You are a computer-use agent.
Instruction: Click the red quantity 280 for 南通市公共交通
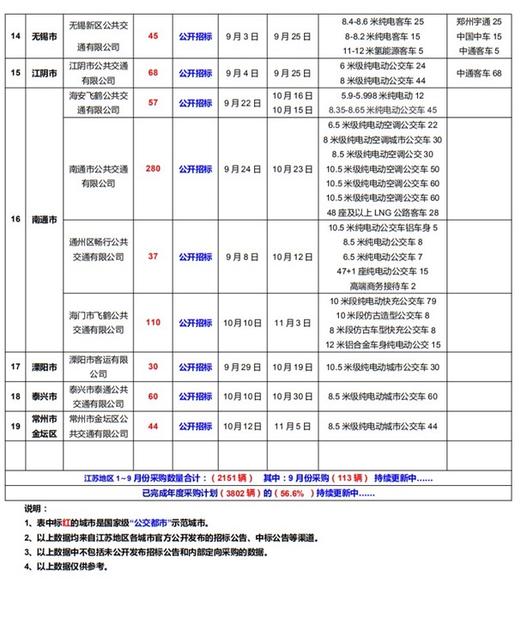tap(154, 170)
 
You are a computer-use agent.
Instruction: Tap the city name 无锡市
tap(44, 37)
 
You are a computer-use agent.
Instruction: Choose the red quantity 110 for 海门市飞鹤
tap(154, 323)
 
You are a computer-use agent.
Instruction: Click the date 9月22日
tap(242, 104)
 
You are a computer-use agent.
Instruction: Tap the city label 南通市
tap(44, 220)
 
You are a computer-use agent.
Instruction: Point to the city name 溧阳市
tap(44, 367)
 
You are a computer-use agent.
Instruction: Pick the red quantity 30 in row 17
tap(154, 367)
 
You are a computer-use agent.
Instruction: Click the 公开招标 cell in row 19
tap(195, 426)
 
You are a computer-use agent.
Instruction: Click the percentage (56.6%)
tap(295, 494)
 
